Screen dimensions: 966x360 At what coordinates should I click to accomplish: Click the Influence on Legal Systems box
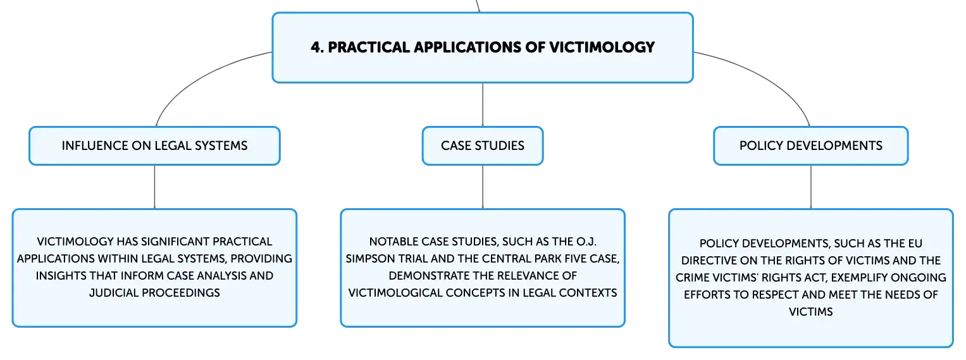(154, 146)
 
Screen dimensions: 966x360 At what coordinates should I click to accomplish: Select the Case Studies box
(483, 146)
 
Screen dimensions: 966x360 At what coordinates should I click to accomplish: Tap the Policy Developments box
(811, 146)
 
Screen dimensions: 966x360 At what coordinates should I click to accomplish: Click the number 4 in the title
(316, 47)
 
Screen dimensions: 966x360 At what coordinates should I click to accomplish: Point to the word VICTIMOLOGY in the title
(602, 47)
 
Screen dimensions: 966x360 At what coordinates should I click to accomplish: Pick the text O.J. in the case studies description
(586, 242)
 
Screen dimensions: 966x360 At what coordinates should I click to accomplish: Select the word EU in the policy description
(915, 243)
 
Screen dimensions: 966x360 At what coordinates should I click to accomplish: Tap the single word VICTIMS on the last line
(811, 312)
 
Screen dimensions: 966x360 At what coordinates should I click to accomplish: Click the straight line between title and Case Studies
(483, 104)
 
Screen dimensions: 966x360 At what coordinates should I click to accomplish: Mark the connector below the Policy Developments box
(811, 187)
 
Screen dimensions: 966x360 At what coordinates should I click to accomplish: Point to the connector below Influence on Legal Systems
(154, 187)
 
